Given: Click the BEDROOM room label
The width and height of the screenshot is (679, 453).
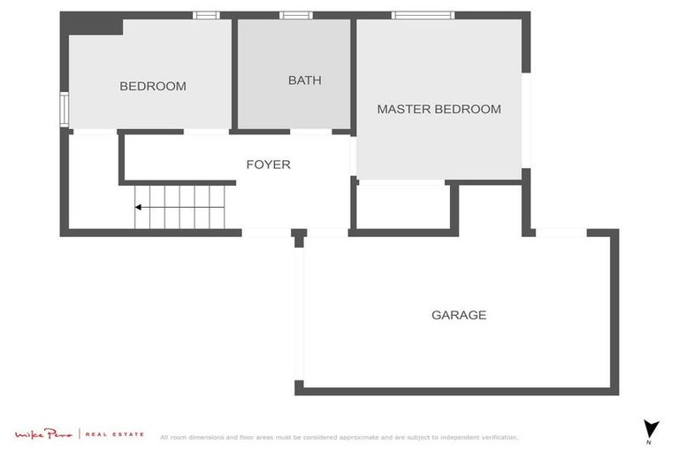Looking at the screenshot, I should pos(153,87).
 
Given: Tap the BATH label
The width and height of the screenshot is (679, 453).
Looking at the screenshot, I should pos(305,81).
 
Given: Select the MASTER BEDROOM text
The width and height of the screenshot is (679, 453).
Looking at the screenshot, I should pos(439,110).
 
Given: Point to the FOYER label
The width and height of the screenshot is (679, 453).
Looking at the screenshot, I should pos(268,165).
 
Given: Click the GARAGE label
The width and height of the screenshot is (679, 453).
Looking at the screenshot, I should pos(459,315).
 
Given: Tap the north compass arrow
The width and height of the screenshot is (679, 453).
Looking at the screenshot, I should pos(652,427).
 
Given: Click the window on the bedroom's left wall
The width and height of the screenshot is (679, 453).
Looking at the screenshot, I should pos(64,110).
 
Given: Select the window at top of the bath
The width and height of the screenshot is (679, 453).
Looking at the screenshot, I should pos(295,15).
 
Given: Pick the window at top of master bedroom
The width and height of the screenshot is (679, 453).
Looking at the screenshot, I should pos(423,15).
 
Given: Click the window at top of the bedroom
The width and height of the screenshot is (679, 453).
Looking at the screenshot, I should pos(206,15).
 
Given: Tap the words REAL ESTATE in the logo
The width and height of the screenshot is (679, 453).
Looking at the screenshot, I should pos(115,434).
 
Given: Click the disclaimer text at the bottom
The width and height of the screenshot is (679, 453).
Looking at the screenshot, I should pos(339,437).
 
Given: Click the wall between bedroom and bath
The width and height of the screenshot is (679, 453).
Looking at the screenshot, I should pos(234,75).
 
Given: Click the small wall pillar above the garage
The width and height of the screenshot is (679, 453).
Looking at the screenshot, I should pos(299,236).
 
